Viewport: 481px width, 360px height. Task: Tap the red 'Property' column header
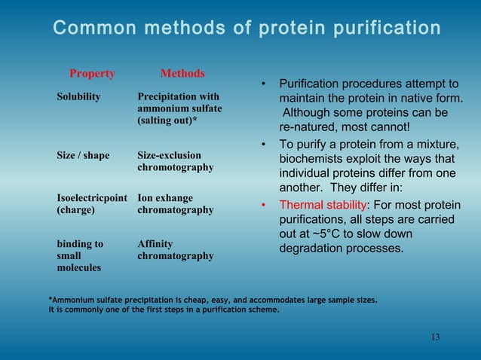pyautogui.click(x=92, y=74)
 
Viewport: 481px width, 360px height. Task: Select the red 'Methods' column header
pyautogui.click(x=182, y=74)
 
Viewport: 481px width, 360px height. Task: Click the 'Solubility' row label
pyautogui.click(x=79, y=96)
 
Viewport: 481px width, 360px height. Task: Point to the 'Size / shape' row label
pyautogui.click(x=83, y=155)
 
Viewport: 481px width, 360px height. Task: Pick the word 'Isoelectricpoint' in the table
pyautogui.click(x=92, y=198)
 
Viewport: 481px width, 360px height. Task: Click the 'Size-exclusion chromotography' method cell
pyautogui.click(x=175, y=161)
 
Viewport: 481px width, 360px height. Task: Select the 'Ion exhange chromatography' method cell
pyautogui.click(x=175, y=204)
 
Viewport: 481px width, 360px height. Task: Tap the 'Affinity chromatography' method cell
pyautogui.click(x=175, y=250)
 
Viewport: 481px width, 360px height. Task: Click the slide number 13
pyautogui.click(x=435, y=337)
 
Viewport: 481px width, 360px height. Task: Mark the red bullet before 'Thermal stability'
pyautogui.click(x=263, y=204)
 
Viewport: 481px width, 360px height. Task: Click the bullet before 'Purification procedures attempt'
pyautogui.click(x=263, y=83)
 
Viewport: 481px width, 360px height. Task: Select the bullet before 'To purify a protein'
pyautogui.click(x=263, y=144)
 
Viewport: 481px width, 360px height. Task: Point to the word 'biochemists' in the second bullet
pyautogui.click(x=314, y=158)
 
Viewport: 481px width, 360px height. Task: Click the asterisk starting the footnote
pyautogui.click(x=51, y=300)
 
